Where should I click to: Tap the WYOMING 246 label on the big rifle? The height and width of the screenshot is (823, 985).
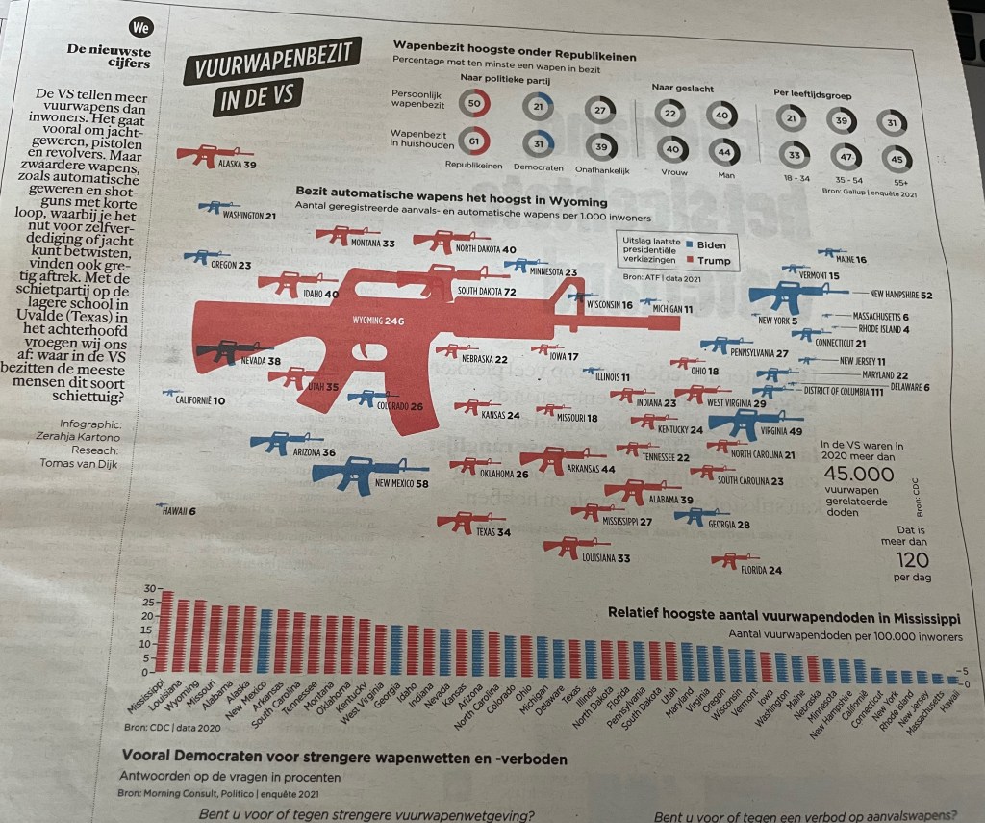pyautogui.click(x=378, y=320)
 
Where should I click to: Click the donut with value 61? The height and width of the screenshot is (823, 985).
pyautogui.click(x=473, y=141)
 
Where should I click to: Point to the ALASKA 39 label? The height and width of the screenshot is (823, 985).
pyautogui.click(x=235, y=165)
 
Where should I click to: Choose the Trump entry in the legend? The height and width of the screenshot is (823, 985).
pyautogui.click(x=705, y=260)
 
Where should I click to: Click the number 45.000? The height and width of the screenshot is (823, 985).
pyautogui.click(x=860, y=474)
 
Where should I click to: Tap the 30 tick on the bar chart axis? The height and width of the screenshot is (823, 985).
pyautogui.click(x=148, y=589)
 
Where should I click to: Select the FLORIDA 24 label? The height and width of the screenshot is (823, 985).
pyautogui.click(x=760, y=571)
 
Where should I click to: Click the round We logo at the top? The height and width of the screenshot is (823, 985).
pyautogui.click(x=139, y=28)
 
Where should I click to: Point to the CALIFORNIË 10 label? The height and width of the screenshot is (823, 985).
pyautogui.click(x=200, y=400)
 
